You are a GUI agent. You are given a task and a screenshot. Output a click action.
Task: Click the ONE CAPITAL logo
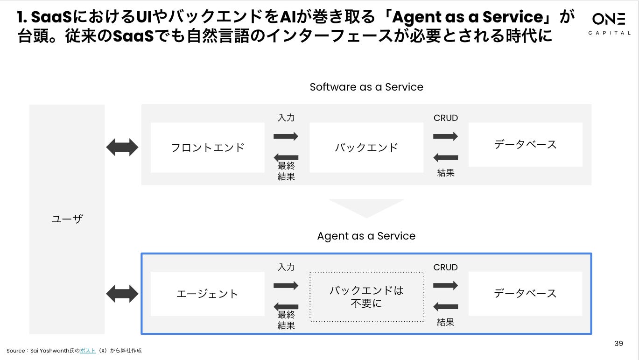(609, 23)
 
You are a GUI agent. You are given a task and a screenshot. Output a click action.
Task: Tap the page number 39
(618, 344)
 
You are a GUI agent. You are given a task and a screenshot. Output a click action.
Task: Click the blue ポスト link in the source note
(88, 351)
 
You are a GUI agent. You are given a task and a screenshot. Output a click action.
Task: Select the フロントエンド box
(207, 148)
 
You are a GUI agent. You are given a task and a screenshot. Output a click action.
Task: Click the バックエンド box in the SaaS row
(366, 148)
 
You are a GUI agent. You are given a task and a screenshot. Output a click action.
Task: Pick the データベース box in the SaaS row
(525, 145)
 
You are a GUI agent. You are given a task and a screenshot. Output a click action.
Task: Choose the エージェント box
(207, 294)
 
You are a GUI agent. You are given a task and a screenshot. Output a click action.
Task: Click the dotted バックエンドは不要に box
(366, 296)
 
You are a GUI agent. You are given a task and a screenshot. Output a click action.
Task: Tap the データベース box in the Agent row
(525, 293)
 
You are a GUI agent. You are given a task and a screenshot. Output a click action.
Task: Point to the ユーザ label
(67, 219)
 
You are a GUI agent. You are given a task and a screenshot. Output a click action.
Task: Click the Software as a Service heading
(366, 87)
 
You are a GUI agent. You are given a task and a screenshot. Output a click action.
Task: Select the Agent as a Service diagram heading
(366, 236)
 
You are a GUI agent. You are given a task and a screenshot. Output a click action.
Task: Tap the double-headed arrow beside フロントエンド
(122, 148)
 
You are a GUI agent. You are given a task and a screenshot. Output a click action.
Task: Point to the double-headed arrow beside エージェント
(122, 294)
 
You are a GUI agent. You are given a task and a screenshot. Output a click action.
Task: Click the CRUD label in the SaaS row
(446, 118)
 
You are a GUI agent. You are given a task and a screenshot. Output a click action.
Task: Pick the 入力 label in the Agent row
(286, 267)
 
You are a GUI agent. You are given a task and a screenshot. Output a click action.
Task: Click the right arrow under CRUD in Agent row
(445, 285)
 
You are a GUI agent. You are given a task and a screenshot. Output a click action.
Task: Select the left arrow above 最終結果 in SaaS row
(286, 157)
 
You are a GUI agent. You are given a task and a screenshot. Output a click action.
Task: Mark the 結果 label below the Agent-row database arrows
(446, 322)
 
